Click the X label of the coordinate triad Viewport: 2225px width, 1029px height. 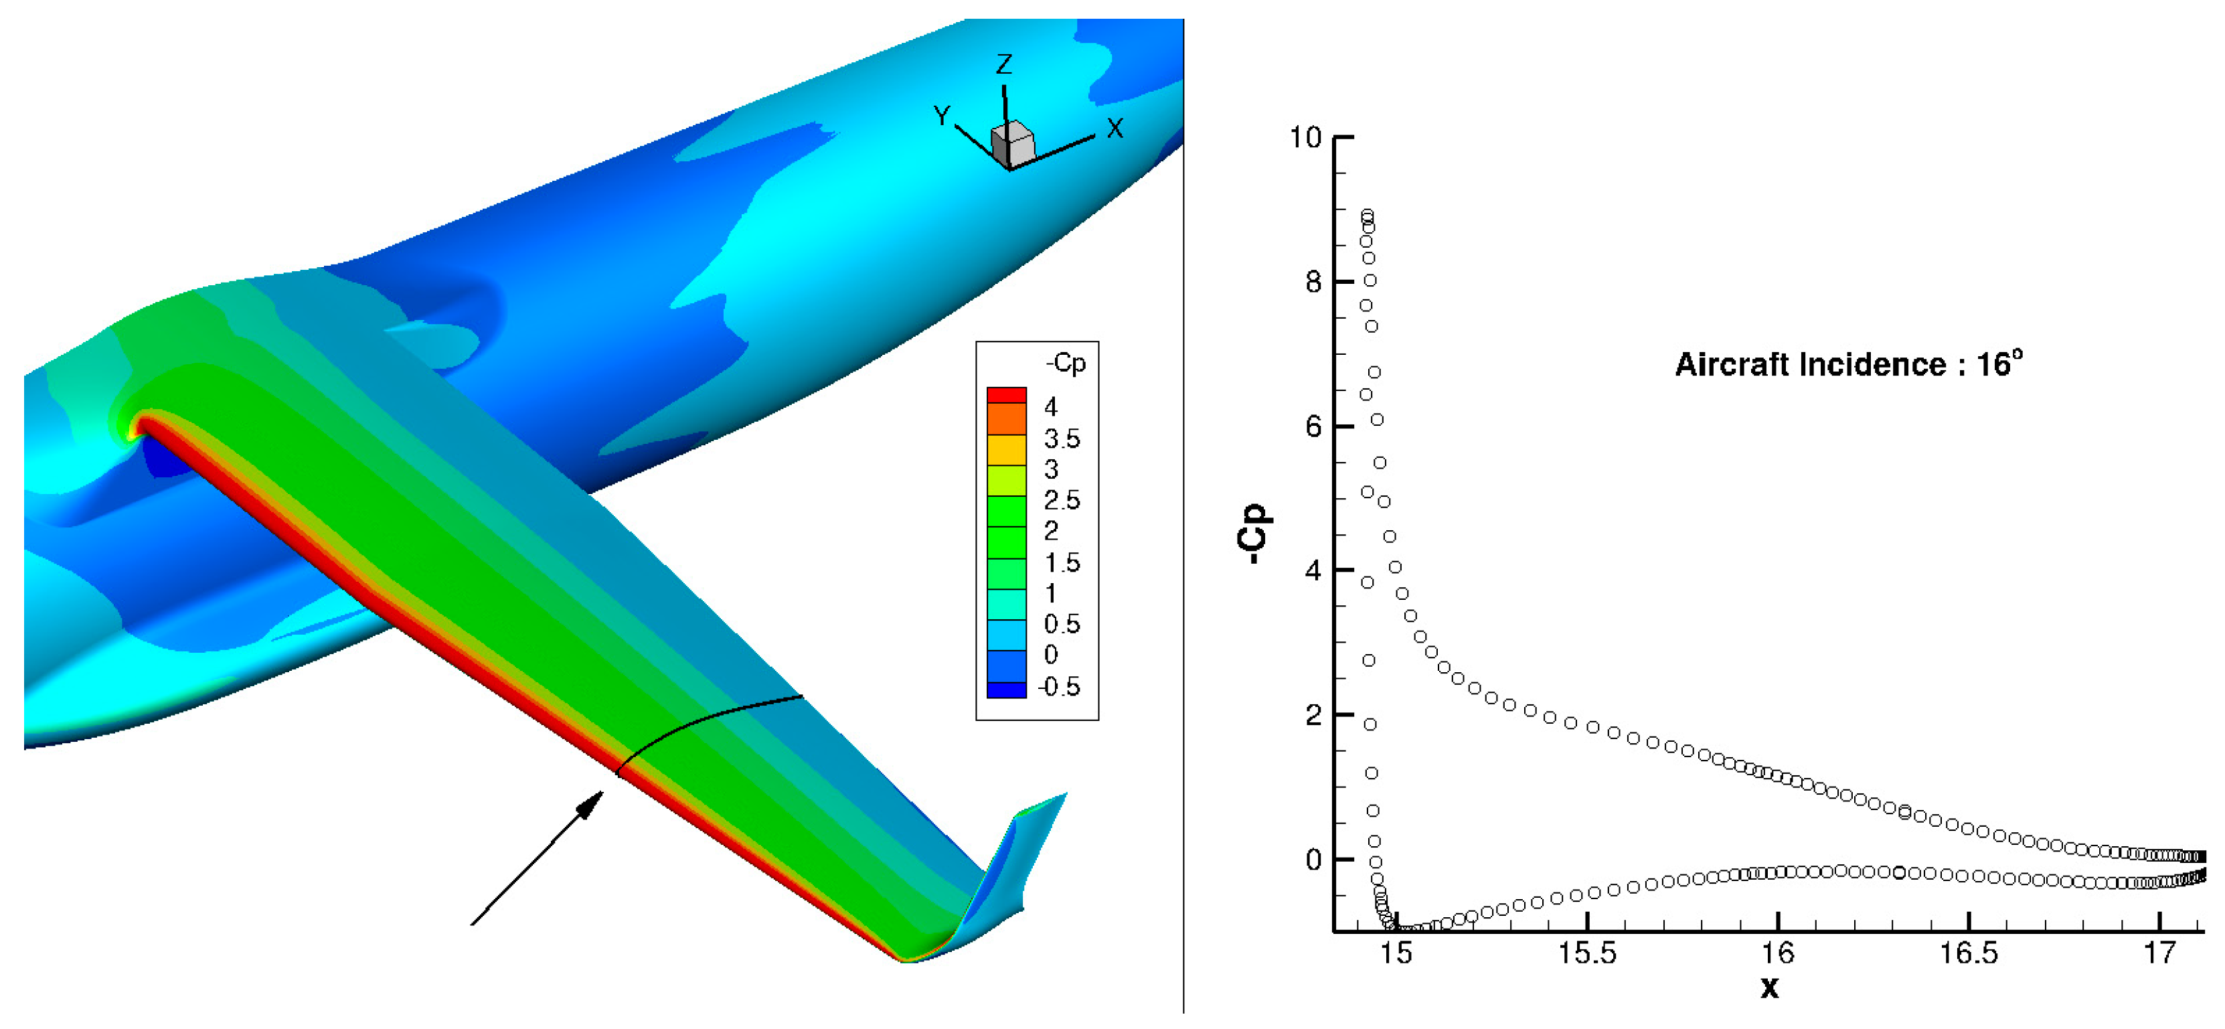[x=1115, y=129]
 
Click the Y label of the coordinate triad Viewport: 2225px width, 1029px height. [x=942, y=116]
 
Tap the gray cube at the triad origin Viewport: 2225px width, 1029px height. [x=1011, y=145]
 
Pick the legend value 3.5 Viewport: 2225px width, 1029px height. [x=1062, y=439]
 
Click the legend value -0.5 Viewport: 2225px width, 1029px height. [x=1059, y=687]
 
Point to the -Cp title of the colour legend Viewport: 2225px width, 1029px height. [x=1066, y=364]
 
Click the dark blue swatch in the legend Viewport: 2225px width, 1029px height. [x=1006, y=690]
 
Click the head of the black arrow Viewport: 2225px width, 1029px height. [x=591, y=804]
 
